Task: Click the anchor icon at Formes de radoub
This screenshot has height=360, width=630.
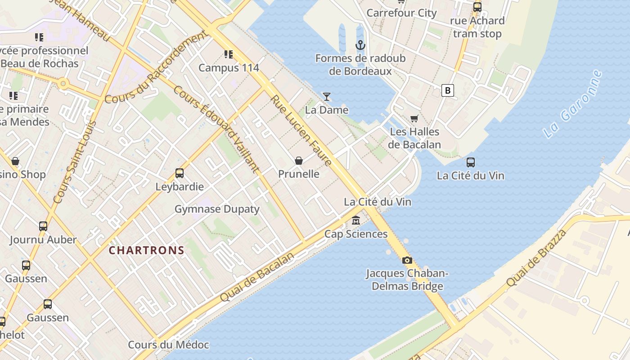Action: [x=360, y=45]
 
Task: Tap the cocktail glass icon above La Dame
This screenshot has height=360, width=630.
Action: [x=327, y=96]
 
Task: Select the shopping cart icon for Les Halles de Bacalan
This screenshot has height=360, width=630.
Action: [x=414, y=118]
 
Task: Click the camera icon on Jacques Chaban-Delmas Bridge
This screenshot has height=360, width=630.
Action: [x=407, y=260]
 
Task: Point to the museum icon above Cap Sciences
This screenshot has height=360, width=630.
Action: [x=356, y=220]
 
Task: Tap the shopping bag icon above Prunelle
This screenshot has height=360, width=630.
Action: [x=298, y=161]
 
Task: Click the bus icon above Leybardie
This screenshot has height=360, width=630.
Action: [x=179, y=173]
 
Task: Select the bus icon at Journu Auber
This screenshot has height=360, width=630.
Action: [x=43, y=226]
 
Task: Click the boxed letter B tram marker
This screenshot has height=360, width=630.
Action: [x=447, y=90]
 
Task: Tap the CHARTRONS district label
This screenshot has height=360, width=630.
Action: [x=147, y=251]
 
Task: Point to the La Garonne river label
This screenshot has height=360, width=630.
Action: [x=572, y=104]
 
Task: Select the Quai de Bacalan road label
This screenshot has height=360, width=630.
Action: [x=257, y=277]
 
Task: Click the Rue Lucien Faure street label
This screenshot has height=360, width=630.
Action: [x=301, y=130]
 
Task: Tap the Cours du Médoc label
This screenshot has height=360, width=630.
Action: [x=168, y=345]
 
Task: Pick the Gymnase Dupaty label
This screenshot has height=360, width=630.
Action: [x=217, y=209]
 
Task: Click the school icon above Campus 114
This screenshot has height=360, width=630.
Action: [x=229, y=54]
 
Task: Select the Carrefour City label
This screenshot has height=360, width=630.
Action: [x=401, y=13]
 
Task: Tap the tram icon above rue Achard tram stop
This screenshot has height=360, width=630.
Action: [x=477, y=7]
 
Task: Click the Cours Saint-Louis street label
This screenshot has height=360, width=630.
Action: [x=75, y=162]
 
